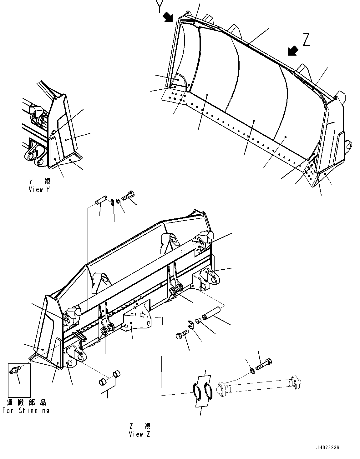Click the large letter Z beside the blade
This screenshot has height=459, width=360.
(x=306, y=40)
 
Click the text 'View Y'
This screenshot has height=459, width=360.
(x=39, y=190)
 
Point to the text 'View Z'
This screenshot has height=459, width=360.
(x=139, y=434)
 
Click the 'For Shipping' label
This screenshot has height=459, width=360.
(x=26, y=411)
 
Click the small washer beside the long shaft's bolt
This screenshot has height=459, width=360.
(x=252, y=371)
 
